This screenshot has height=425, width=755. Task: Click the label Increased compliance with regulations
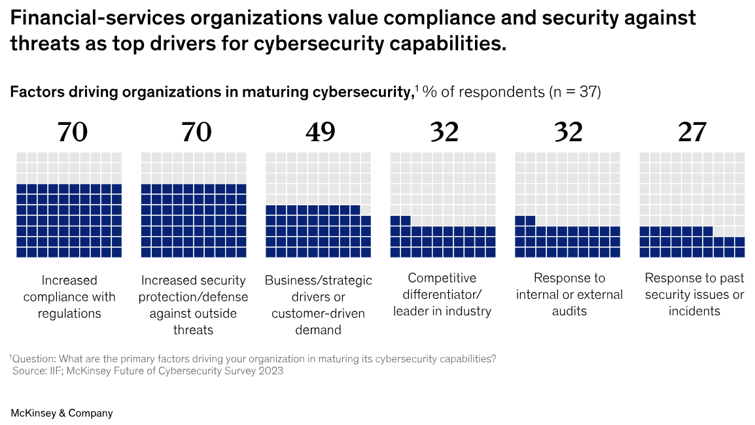[x=69, y=297]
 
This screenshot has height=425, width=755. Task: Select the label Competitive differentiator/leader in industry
[x=442, y=295]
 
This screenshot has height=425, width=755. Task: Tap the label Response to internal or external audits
[x=569, y=295]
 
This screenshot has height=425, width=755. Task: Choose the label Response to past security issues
[x=694, y=295]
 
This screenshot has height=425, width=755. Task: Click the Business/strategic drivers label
[x=318, y=305]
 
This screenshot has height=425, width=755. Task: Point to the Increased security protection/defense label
[x=193, y=305]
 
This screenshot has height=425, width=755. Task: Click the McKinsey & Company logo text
[x=61, y=413]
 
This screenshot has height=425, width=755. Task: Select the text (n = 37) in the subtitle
[x=574, y=92]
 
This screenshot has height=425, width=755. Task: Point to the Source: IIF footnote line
[x=148, y=371]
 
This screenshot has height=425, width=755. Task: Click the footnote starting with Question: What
[x=253, y=359]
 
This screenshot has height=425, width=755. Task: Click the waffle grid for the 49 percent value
[x=318, y=205]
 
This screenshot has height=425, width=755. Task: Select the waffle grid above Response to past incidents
[x=692, y=205]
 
